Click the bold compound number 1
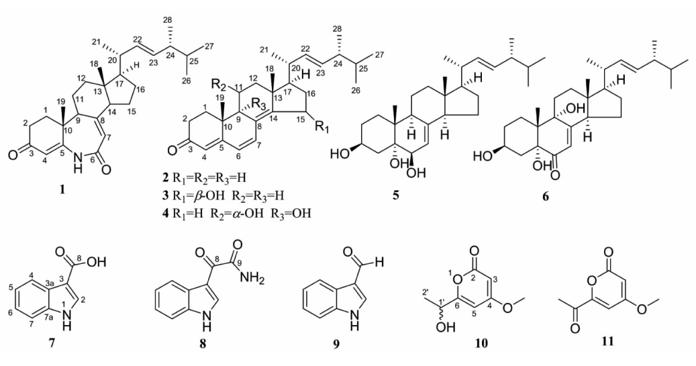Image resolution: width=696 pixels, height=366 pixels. tap(62, 190)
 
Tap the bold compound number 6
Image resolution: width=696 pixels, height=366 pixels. tap(546, 196)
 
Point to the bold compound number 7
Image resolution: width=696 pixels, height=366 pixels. tap(52, 343)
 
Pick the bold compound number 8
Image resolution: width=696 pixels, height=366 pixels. tap(203, 343)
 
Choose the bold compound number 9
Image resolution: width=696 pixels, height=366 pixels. tap(336, 343)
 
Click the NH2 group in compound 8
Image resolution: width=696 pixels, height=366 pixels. tap(250, 278)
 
